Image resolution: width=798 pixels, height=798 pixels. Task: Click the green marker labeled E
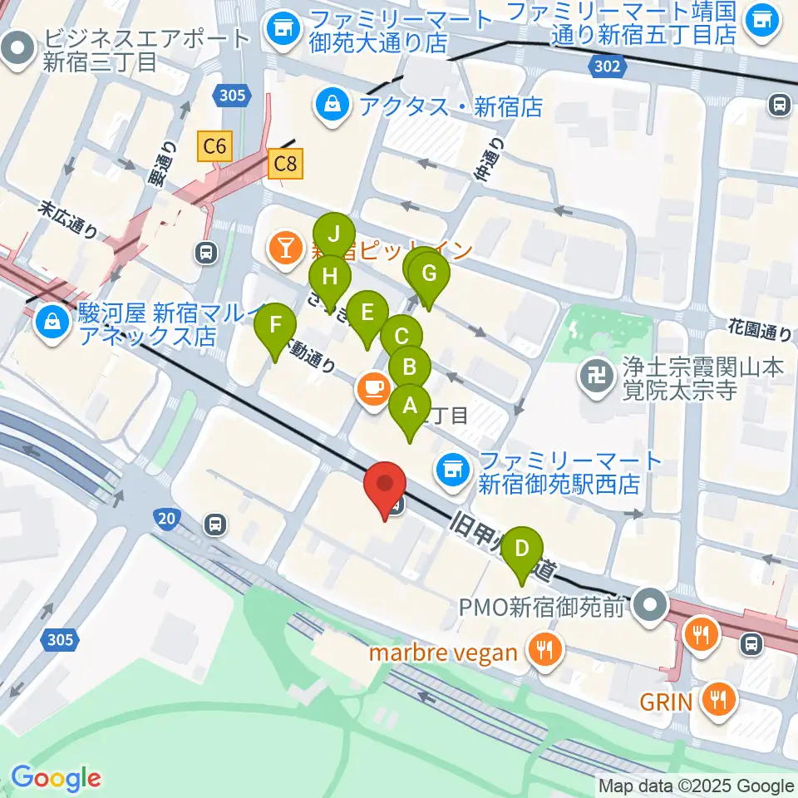(367, 315)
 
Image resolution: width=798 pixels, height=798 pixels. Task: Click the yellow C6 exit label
(214, 147)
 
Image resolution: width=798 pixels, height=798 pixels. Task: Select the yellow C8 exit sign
(285, 164)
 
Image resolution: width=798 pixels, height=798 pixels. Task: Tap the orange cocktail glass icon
(285, 247)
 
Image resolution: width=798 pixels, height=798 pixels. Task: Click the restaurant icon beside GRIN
(717, 701)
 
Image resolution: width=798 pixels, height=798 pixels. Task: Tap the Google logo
(56, 778)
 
